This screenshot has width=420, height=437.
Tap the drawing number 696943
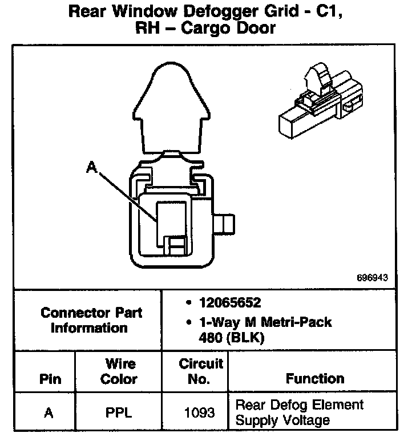[x=371, y=278]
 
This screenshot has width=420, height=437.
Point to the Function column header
[x=315, y=379]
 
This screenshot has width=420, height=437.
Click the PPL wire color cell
[x=119, y=412]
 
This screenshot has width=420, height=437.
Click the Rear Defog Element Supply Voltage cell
[x=299, y=412]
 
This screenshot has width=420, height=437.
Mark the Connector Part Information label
[x=91, y=320]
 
